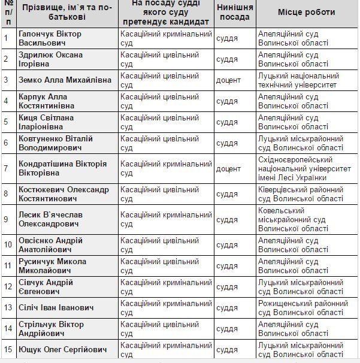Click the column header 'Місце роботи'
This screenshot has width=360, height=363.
[306, 13]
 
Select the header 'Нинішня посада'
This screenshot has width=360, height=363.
[235, 13]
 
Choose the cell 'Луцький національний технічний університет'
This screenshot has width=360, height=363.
[298, 80]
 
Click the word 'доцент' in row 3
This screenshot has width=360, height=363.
[229, 80]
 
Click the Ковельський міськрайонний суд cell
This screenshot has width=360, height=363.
[293, 219]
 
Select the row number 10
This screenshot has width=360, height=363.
[8, 244]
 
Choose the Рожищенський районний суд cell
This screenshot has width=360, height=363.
[302, 308]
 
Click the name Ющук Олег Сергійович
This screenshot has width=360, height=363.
[59, 349]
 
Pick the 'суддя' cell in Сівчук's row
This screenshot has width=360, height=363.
[227, 287]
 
